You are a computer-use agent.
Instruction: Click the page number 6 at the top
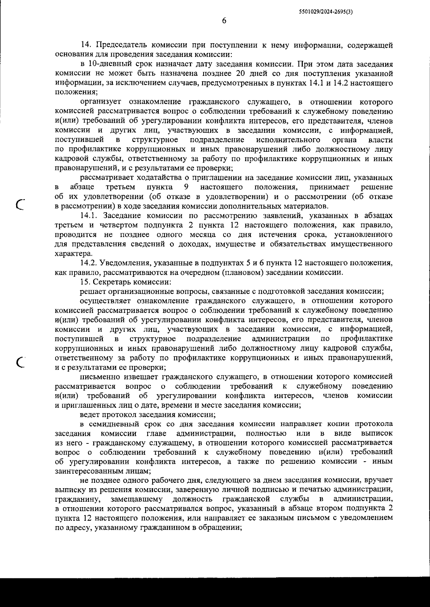[224, 21]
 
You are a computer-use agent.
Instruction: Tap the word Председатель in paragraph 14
[120, 45]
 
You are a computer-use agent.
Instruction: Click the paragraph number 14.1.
[90, 216]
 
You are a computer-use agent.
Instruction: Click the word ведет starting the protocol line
[90, 415]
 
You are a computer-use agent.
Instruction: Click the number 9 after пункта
[186, 187]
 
